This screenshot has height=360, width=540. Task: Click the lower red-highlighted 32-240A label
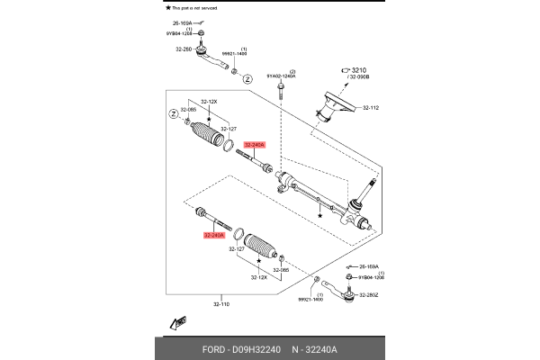click(213, 235)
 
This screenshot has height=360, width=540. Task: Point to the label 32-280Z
click(369, 293)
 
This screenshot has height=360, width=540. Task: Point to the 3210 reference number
click(361, 69)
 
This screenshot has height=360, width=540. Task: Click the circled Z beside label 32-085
click(172, 113)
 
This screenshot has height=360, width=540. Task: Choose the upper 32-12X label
click(209, 102)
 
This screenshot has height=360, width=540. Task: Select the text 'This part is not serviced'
click(196, 6)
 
